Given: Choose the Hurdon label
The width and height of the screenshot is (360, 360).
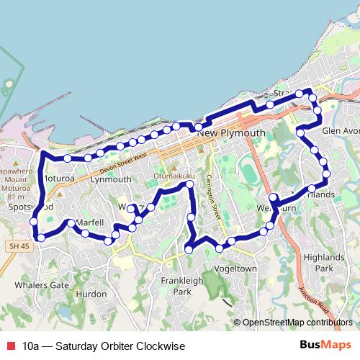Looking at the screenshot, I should click(91, 294).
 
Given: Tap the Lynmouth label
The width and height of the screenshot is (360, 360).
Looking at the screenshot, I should click(112, 179).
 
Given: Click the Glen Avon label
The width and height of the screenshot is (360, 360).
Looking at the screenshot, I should click(340, 131).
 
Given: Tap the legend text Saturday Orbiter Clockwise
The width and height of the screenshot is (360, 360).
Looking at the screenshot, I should click(104, 346).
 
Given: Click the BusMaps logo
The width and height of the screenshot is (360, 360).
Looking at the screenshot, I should click(326, 346).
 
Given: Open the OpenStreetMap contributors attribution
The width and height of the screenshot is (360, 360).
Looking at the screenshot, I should click(298, 322).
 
